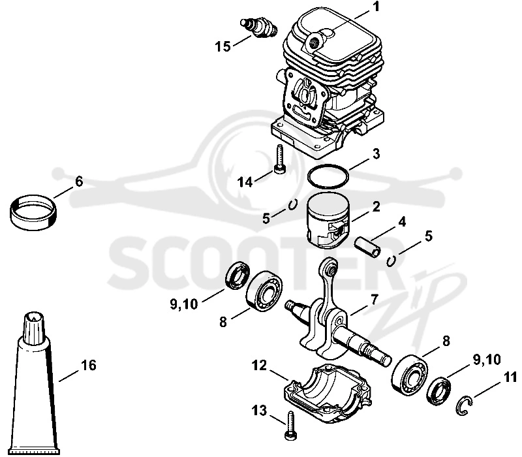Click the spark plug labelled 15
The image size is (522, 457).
258,27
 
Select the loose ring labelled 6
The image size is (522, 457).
33,213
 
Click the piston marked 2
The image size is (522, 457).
328,221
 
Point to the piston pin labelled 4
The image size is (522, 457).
368,247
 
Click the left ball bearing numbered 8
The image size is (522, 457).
264,291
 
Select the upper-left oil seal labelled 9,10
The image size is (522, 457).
238,276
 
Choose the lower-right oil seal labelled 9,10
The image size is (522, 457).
439,390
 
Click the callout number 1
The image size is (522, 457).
376,7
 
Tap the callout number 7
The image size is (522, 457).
374,300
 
